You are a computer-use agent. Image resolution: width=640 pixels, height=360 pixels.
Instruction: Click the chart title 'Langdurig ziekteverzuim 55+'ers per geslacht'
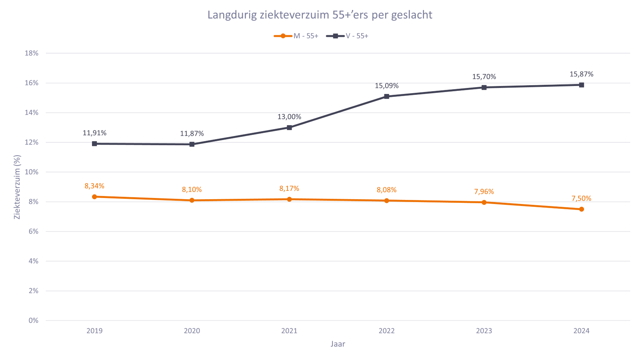tap(320, 15)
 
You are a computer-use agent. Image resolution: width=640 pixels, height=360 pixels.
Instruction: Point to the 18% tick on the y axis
tap(32, 53)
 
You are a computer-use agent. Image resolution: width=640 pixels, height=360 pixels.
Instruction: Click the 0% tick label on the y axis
tap(34, 320)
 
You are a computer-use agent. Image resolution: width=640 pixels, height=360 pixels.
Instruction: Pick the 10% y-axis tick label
tap(32, 172)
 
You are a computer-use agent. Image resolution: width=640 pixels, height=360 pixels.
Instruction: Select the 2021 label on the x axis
tap(289, 331)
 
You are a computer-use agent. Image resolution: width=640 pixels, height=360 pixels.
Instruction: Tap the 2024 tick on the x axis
tap(581, 331)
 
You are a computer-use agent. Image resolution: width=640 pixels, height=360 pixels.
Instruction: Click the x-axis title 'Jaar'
tap(338, 344)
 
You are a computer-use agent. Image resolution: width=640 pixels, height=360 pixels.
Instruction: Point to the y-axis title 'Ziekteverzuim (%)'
tap(17, 187)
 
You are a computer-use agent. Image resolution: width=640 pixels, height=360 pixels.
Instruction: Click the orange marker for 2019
tap(94, 197)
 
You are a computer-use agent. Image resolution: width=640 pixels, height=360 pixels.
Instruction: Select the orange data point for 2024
tap(581, 209)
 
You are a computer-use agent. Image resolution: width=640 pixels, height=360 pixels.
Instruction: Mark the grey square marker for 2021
tap(289, 128)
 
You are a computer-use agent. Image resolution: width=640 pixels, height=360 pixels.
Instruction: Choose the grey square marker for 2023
tap(484, 87)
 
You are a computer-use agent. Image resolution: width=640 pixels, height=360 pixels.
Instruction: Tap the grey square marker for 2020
tap(192, 144)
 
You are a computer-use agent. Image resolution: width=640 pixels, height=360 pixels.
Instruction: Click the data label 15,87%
tap(581, 74)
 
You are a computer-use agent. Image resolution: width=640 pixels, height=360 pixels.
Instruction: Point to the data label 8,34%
tap(94, 186)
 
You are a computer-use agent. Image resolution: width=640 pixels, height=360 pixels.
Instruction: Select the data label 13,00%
tap(289, 117)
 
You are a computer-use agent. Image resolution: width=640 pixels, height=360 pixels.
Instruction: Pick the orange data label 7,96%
tap(484, 192)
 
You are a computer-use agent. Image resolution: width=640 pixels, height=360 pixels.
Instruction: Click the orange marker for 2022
tap(386, 200)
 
